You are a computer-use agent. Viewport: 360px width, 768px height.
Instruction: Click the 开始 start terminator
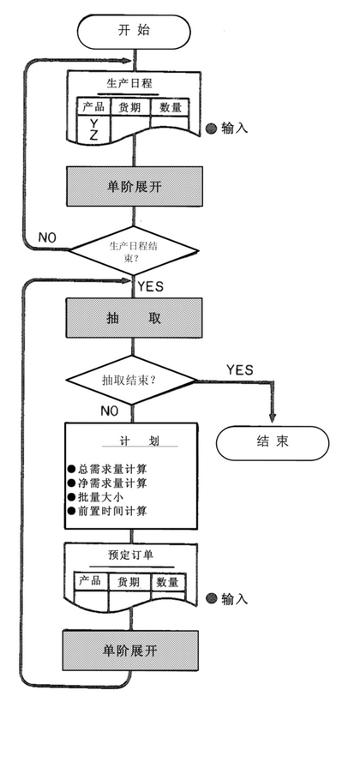click(134, 32)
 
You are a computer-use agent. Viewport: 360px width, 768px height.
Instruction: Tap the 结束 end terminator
click(273, 443)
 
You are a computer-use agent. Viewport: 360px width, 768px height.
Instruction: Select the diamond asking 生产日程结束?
click(134, 251)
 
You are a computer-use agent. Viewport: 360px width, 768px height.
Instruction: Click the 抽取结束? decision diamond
click(131, 380)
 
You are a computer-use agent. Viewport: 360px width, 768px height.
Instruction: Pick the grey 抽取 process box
click(134, 318)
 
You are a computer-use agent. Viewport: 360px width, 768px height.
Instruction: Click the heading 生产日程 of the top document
click(129, 83)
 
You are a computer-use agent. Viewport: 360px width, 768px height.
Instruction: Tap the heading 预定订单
click(130, 555)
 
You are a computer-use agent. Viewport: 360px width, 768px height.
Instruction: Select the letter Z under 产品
click(93, 136)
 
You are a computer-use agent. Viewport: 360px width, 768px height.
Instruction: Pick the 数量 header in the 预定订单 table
click(168, 582)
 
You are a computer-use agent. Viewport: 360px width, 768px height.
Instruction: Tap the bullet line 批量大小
click(95, 497)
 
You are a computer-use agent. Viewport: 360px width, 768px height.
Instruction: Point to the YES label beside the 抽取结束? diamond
click(240, 369)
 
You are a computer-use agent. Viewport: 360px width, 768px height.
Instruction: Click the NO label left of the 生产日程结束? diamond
click(47, 237)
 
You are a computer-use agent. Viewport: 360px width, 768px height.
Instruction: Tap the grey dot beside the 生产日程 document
click(211, 129)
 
